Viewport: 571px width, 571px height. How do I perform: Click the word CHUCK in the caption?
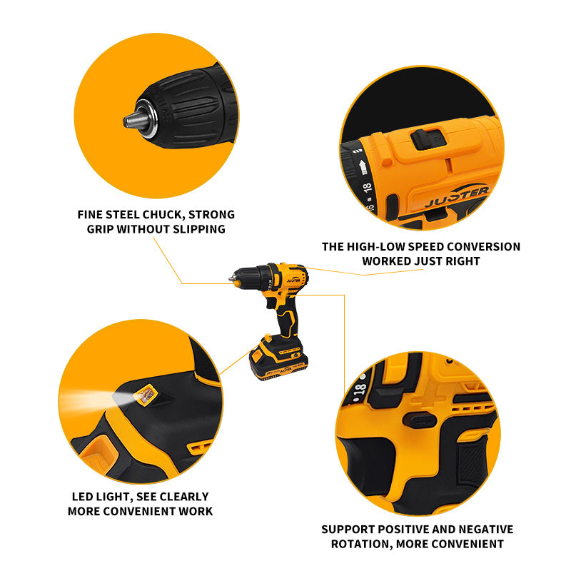(163, 215)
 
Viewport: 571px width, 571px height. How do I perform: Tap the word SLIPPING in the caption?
(199, 229)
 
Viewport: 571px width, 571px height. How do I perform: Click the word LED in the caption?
(82, 497)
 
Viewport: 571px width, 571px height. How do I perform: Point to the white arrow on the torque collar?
(363, 167)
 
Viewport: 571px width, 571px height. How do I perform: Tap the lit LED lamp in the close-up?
(146, 395)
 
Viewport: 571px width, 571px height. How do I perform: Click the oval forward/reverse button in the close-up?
(420, 421)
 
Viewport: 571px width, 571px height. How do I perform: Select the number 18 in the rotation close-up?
(359, 390)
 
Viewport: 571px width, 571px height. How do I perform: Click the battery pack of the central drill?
(278, 358)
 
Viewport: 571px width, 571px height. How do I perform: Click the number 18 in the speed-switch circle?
(368, 188)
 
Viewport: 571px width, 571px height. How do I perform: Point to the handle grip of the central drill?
(288, 320)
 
